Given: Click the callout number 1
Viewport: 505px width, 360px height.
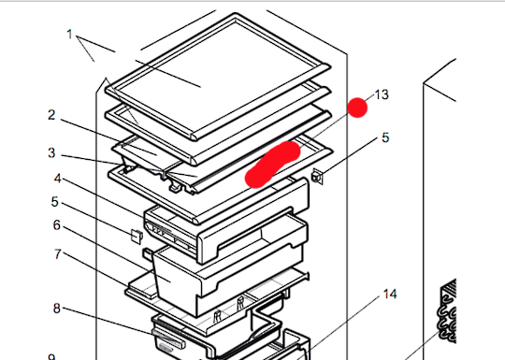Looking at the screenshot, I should [69, 35].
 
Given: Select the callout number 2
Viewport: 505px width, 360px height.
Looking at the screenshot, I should [52, 115].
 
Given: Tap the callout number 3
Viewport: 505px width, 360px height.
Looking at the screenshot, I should [52, 152].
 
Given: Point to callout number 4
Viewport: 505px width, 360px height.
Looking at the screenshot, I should [57, 179].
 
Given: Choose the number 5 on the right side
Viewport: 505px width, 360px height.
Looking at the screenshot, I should [384, 139].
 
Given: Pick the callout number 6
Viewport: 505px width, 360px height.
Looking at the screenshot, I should [57, 225].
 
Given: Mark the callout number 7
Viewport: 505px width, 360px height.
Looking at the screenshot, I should [57, 254].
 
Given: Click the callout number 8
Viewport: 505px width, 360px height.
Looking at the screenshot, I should [57, 308].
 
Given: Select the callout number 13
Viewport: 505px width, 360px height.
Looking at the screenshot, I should [381, 94].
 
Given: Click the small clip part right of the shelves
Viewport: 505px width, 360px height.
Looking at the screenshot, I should [318, 174].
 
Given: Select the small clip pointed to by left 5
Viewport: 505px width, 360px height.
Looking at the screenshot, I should [137, 235].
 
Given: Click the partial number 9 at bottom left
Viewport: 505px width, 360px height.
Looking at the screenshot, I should [52, 356].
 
